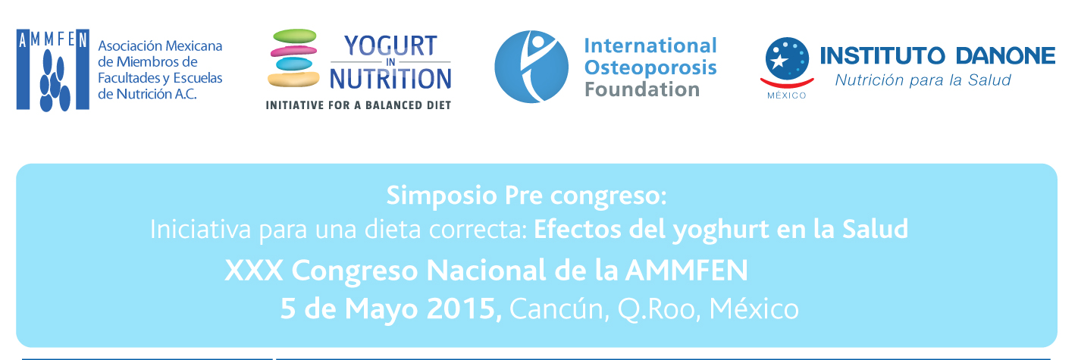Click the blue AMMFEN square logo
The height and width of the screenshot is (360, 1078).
click(53, 70)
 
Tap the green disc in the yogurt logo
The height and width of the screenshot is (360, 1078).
click(295, 36)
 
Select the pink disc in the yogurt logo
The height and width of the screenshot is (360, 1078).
click(293, 50)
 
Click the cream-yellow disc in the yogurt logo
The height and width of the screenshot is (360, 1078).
click(293, 79)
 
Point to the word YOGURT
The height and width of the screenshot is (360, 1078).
click(390, 46)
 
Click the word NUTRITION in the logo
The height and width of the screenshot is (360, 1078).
click(390, 79)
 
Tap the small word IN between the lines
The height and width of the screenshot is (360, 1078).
click(390, 62)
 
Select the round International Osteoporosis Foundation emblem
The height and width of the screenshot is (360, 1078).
click(531, 67)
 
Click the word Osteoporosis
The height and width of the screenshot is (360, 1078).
click(650, 68)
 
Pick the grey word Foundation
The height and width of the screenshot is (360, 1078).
click(642, 89)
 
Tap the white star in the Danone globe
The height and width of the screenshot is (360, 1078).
click(778, 61)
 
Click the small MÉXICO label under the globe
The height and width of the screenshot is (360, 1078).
click(787, 95)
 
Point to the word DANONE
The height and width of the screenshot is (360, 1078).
click(1005, 56)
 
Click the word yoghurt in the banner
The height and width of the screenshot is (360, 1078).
click(720, 230)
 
